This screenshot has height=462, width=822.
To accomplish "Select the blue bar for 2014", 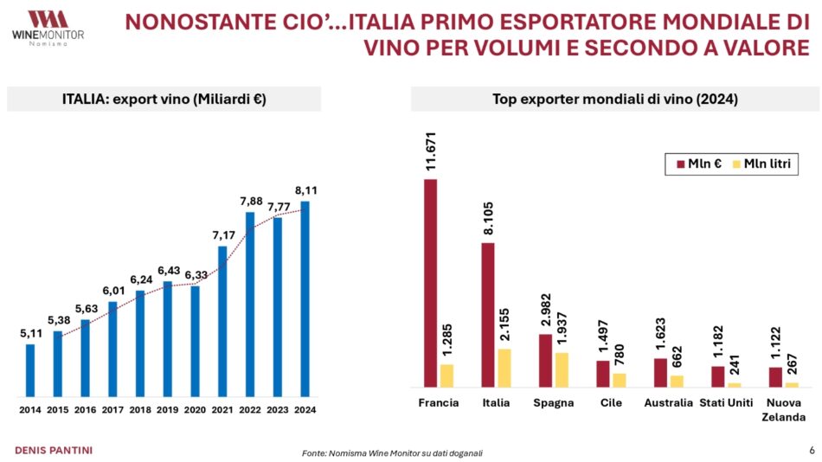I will point(30,369).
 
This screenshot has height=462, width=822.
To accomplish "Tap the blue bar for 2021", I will point(222,320).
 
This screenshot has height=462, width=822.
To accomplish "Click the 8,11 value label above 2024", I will point(305,190).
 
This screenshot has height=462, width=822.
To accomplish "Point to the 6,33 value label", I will point(196,275).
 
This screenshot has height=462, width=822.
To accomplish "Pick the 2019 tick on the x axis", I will point(168,409).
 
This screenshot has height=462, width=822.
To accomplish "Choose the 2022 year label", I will point(250,409).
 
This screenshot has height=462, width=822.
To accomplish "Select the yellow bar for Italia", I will point(504,368).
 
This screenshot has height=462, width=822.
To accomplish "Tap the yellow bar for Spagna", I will point(562,369).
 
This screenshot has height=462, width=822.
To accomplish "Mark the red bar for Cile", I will point(603,374).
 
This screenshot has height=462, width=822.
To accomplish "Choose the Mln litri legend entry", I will point(761,163).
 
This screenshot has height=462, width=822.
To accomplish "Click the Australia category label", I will point(668,402).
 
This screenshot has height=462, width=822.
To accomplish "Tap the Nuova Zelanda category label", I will point(784,409).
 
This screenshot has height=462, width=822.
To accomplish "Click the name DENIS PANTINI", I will point(55,450).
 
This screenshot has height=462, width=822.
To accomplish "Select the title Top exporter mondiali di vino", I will point(614,99).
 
